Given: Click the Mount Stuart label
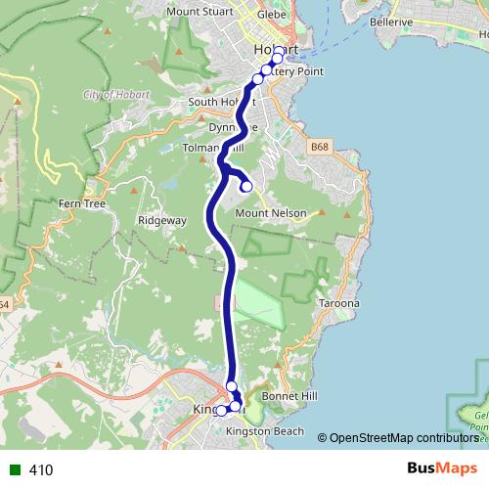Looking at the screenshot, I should [x=200, y=12].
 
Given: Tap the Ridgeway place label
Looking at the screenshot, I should [x=162, y=220].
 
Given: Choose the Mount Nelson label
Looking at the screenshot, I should [x=271, y=213].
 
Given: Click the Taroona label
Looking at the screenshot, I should [x=339, y=304].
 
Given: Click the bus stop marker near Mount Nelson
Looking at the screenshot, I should [x=246, y=186].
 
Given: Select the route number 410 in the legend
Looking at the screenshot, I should [x=41, y=470].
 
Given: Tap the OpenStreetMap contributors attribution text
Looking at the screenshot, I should [x=403, y=437].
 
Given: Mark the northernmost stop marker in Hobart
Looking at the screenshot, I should [x=279, y=51].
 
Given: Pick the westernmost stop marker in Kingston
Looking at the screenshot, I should [x=222, y=411].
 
